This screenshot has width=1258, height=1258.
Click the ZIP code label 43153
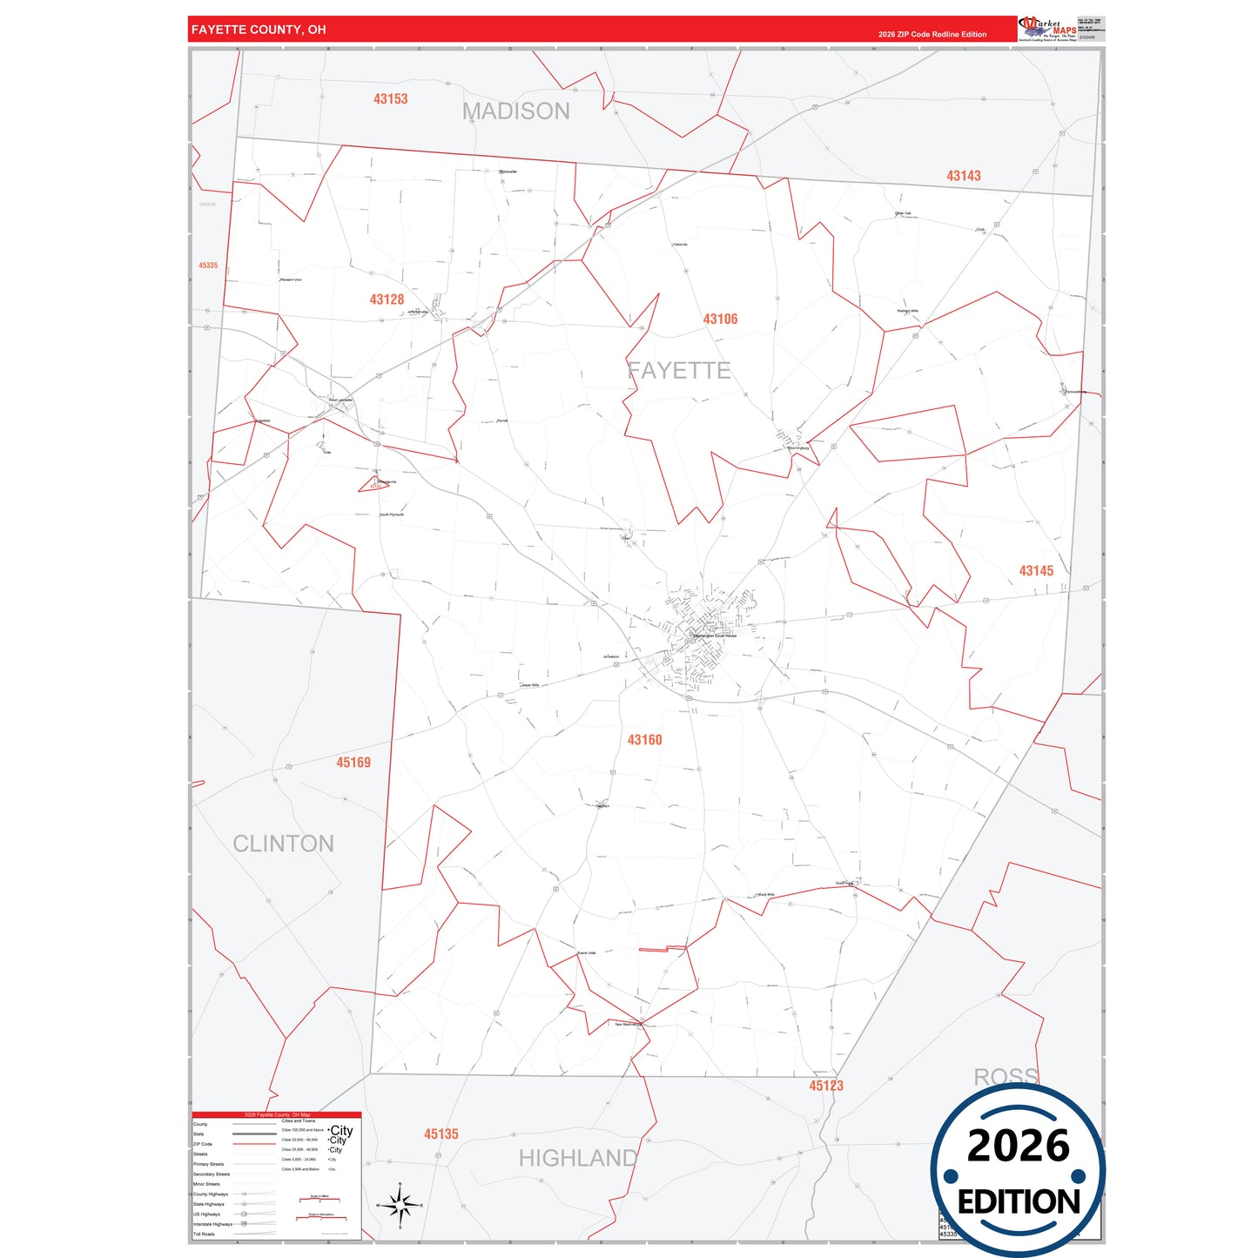click(x=390, y=99)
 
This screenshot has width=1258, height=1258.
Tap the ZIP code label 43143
click(x=963, y=176)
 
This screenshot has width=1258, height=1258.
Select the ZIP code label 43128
click(x=387, y=299)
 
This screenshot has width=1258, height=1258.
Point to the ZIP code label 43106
click(x=720, y=320)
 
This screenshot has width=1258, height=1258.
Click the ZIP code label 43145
click(x=1036, y=571)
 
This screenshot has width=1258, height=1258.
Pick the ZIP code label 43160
click(x=644, y=740)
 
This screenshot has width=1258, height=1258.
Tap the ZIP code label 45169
click(x=353, y=763)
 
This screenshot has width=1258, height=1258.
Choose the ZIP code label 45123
click(x=826, y=1086)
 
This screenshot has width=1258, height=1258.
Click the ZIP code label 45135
click(x=441, y=1134)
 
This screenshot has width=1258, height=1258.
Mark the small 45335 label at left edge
click(x=208, y=266)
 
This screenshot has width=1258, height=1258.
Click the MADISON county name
click(x=516, y=111)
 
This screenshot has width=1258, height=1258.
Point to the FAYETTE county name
click(x=679, y=371)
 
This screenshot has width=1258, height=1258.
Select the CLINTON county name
click(x=283, y=844)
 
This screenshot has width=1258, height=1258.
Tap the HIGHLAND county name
click(x=578, y=1159)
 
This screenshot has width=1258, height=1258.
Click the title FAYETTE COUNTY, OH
click(x=259, y=30)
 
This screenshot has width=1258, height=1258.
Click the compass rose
click(x=400, y=1206)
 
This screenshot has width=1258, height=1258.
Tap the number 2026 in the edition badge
click(x=1018, y=1146)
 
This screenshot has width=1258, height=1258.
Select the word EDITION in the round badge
click(x=1019, y=1202)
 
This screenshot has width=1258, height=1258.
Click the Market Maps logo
click(x=1047, y=29)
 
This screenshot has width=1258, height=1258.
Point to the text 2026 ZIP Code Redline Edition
click(x=932, y=35)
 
